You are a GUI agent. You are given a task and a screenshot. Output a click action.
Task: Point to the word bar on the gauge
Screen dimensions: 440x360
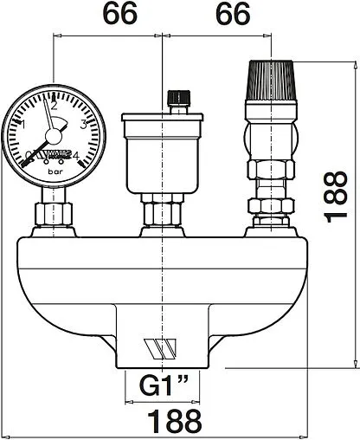(x=55, y=172)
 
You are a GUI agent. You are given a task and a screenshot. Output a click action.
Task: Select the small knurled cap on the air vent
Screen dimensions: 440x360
(x=179, y=97)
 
